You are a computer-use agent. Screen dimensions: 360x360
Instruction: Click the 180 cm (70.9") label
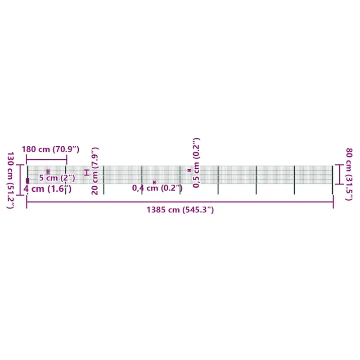[x=50, y=149]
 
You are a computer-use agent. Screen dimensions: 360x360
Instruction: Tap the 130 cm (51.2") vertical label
[x=10, y=180]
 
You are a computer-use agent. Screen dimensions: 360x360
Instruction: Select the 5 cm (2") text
[x=57, y=178]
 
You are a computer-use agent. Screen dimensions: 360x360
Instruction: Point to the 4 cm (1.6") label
[x=48, y=189]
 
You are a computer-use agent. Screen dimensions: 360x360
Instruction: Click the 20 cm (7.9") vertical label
[x=95, y=171]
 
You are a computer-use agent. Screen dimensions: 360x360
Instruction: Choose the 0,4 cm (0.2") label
[x=157, y=188]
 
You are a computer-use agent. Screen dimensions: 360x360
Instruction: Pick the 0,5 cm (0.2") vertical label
[x=196, y=163]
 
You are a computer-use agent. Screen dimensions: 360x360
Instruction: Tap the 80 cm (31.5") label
[x=349, y=174]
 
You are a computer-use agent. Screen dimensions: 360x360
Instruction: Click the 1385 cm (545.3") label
[x=180, y=210]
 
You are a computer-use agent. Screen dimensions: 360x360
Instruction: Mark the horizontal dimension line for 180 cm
[x=47, y=160]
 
